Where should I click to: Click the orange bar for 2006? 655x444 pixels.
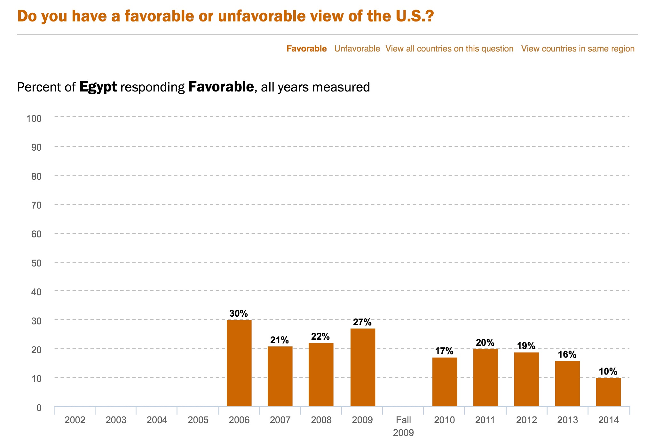239,363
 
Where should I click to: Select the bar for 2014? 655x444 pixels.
608,392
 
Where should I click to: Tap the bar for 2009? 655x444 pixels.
363,367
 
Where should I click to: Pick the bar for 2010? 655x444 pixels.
445,382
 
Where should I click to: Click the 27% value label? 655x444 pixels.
362,322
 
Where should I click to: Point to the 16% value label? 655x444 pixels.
567,354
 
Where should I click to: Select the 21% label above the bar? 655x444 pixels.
280,340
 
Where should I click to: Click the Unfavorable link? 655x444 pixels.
357,49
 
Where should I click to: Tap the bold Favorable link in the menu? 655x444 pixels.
306,49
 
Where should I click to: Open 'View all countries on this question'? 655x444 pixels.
449,49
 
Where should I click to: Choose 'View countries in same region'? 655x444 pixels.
578,49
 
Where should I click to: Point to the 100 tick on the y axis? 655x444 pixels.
34,119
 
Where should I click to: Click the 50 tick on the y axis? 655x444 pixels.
36,263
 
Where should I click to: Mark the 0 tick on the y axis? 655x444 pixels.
39,408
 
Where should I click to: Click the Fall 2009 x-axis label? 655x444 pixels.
403,426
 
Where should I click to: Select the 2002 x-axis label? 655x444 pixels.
75,420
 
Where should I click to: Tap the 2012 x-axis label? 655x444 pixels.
526,420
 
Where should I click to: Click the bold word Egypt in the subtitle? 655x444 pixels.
98,87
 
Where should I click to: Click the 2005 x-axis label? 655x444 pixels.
198,420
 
